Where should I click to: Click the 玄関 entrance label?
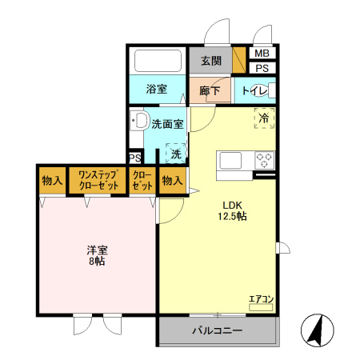210,61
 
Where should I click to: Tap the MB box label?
262,54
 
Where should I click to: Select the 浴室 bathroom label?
156,90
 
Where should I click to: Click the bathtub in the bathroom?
157,62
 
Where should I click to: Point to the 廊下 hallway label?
210,90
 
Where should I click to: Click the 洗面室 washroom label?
168,124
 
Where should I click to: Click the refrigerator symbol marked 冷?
264,118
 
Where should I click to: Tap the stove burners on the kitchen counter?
264,160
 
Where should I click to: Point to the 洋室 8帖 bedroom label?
97,255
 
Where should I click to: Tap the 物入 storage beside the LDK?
172,181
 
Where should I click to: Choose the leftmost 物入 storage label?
53,181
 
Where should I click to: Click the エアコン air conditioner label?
261,299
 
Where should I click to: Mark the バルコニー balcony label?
218,330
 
